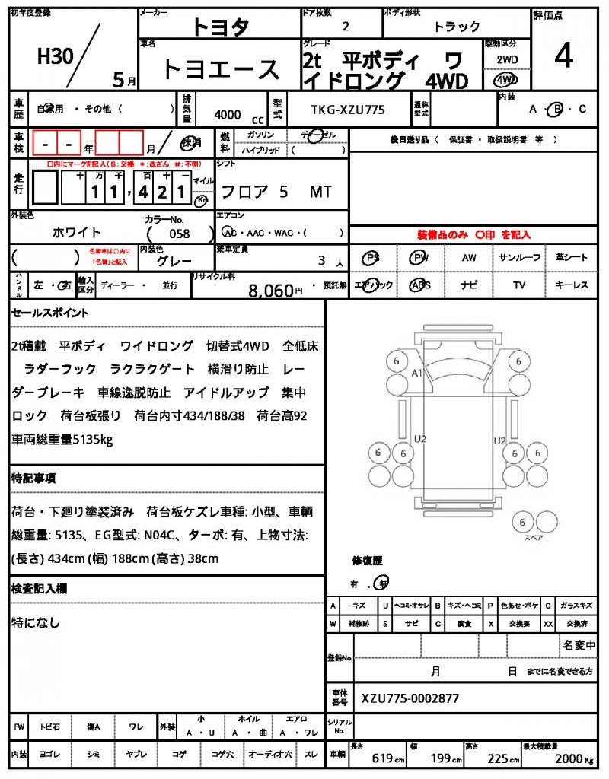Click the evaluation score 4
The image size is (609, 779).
pyautogui.click(x=564, y=57)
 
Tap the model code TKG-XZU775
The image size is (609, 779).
pyautogui.click(x=348, y=110)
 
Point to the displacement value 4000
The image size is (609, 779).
pyautogui.click(x=228, y=115)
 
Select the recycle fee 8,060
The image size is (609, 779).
pyautogui.click(x=271, y=290)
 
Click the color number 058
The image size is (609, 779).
pyautogui.click(x=180, y=234)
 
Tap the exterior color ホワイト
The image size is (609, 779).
pyautogui.click(x=77, y=233)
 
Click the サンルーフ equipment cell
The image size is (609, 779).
pyautogui.click(x=519, y=258)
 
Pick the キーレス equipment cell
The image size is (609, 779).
pyautogui.click(x=572, y=285)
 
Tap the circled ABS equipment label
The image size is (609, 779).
pyautogui.click(x=419, y=285)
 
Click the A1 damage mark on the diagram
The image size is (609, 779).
pyautogui.click(x=416, y=374)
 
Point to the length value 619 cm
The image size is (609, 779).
pyautogui.click(x=382, y=758)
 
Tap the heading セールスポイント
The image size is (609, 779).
pyautogui.click(x=50, y=313)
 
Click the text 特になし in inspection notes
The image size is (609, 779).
pyautogui.click(x=36, y=622)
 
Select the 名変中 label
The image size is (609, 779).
pyautogui.click(x=579, y=645)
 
